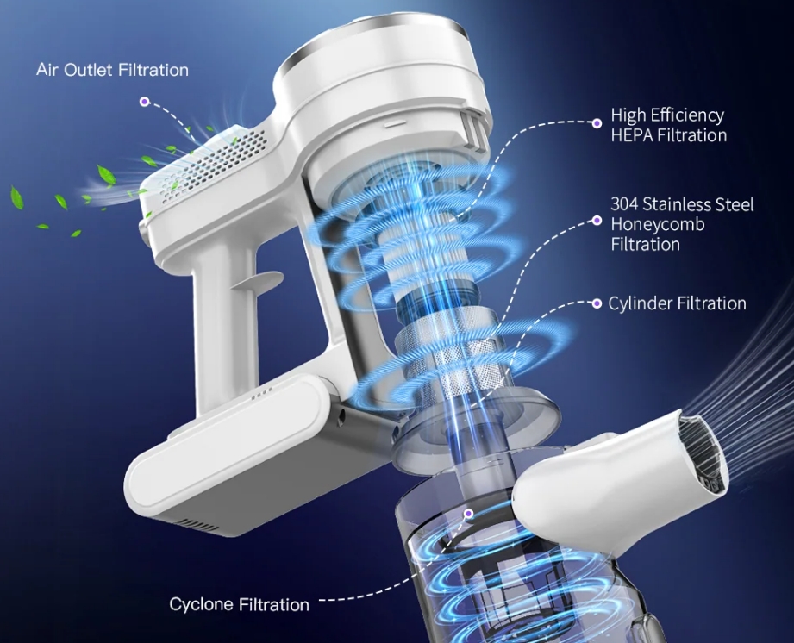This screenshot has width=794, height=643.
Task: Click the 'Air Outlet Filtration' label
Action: click(x=112, y=70)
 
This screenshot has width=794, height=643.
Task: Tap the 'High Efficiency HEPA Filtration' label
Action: click(x=668, y=125)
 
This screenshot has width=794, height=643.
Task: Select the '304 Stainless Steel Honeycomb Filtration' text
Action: click(x=682, y=224)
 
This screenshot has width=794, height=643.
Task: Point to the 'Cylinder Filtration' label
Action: click(x=677, y=303)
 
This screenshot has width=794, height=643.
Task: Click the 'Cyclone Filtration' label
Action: click(x=239, y=604)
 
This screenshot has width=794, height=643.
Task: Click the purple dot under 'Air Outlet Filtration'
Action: click(x=145, y=102)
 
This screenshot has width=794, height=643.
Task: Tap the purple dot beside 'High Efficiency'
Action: click(x=597, y=122)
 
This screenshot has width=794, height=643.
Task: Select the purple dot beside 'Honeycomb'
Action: click(x=597, y=221)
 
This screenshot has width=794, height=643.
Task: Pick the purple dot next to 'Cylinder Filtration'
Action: click(x=597, y=303)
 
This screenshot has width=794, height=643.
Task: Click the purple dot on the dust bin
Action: click(x=469, y=514)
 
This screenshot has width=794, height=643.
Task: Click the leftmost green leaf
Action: click(x=16, y=197)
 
